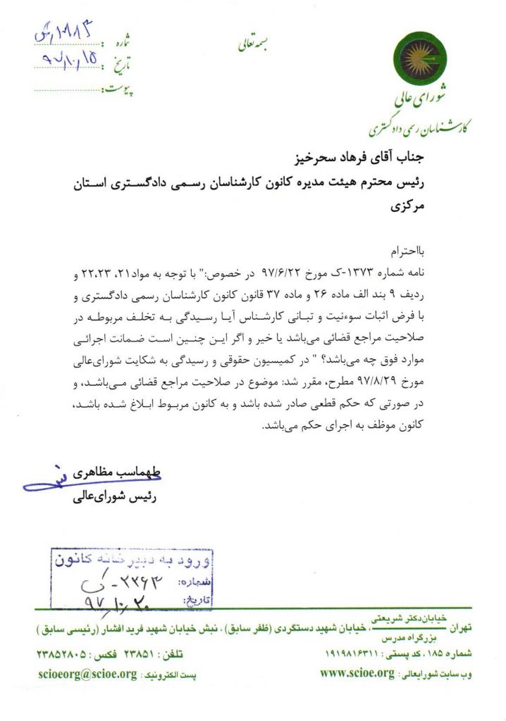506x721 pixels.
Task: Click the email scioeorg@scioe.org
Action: (x=87, y=673)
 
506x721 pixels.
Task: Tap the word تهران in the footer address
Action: (x=458, y=626)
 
